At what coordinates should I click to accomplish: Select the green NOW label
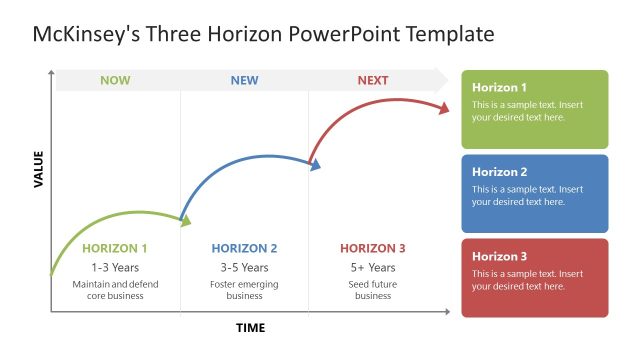tap(115, 80)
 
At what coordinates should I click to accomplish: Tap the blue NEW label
tap(244, 80)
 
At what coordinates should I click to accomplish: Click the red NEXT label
tap(373, 80)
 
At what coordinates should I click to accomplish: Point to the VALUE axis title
tap(39, 169)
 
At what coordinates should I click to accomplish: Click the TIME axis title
tap(251, 328)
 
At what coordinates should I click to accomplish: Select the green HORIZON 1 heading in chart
tap(115, 248)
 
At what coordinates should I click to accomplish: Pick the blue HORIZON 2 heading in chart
tap(244, 248)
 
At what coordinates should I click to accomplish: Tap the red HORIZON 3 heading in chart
tap(373, 248)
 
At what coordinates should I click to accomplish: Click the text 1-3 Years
tap(115, 267)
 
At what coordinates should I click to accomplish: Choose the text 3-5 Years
tap(244, 267)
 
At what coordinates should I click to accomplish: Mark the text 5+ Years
tap(373, 267)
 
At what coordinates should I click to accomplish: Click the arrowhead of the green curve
tap(185, 222)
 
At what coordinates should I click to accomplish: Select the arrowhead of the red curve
tap(443, 109)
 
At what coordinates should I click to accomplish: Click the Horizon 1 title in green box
tap(499, 87)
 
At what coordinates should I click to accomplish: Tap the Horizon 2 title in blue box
tap(499, 171)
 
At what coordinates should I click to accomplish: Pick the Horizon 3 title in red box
tap(499, 256)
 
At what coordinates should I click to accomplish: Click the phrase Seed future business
tap(373, 290)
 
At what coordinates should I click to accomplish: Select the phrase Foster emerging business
tap(244, 290)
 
